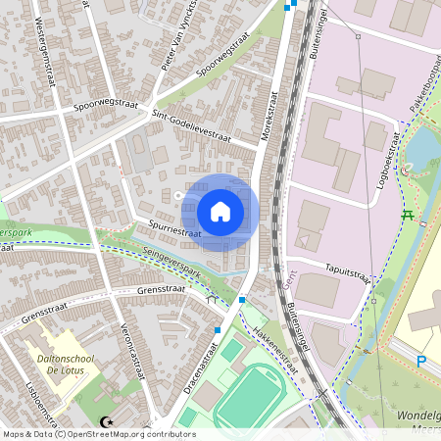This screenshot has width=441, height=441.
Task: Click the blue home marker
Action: tap(220, 211)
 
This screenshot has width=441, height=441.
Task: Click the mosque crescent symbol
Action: tap(106, 423)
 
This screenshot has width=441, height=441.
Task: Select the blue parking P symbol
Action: tap(421, 362)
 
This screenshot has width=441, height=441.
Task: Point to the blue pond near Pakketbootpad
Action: tap(421, 147)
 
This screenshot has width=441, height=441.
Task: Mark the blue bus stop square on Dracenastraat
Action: tap(218, 330)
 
